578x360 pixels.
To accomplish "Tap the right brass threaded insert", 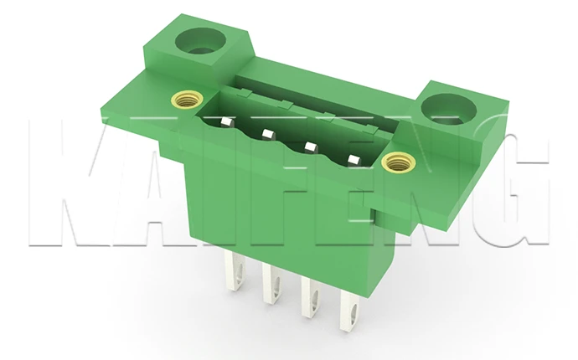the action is [399, 162].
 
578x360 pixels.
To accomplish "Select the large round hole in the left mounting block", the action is [200, 43].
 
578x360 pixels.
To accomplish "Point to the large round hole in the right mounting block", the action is [449, 110].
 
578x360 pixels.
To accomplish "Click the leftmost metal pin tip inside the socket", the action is [227, 122].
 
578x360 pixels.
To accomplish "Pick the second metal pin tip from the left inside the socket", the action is [269, 134].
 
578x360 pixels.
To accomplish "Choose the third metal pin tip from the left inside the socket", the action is [312, 147].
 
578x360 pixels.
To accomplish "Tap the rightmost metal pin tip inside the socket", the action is [354, 160].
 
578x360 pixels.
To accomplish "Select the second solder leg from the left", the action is [272, 285].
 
